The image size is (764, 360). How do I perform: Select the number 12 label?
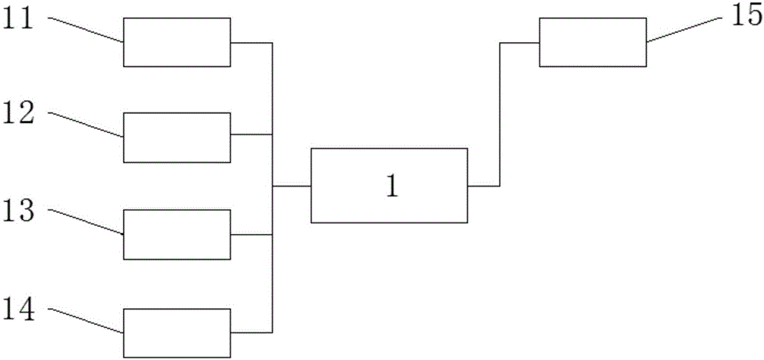pos(18,112)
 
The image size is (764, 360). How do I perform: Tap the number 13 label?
pos(18,209)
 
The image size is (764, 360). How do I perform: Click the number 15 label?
pos(745,18)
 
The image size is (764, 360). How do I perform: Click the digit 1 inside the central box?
pos(390,186)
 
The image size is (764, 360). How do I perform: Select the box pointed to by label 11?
pos(176,42)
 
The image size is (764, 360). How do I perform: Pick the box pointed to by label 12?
pos(176,137)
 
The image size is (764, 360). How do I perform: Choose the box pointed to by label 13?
pos(176,234)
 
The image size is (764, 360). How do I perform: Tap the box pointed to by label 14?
pos(176,332)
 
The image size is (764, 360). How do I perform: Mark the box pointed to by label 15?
pos(593,42)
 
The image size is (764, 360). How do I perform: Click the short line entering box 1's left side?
pos(292,186)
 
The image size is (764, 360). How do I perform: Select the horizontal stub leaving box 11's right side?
pos(251,43)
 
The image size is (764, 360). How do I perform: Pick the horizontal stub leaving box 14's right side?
pos(251,332)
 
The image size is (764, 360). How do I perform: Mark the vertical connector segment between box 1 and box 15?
pos(500,115)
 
